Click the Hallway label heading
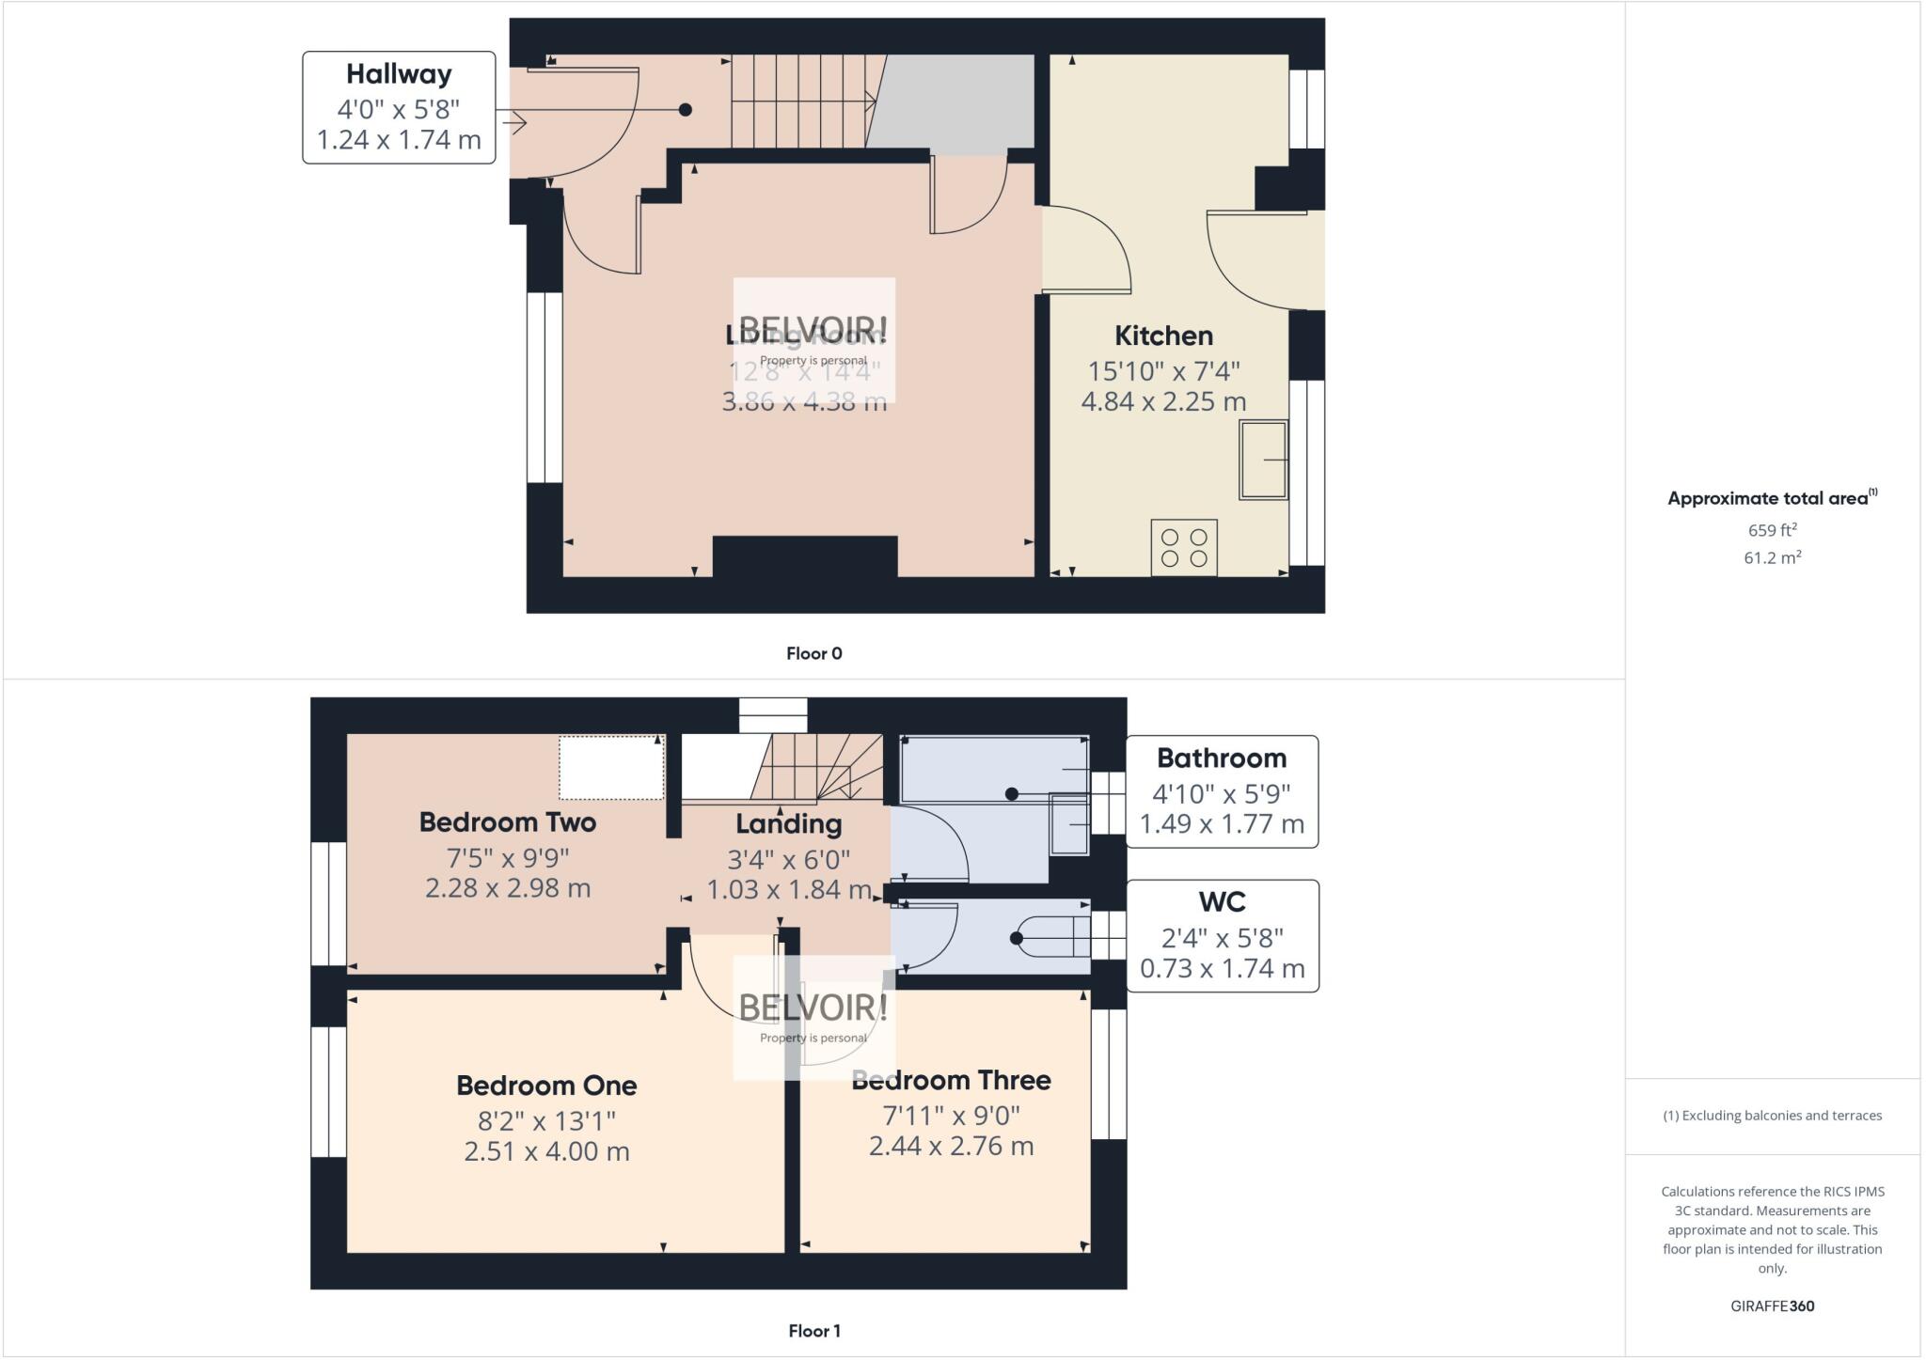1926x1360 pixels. point(399,74)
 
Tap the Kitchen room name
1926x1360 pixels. point(1163,336)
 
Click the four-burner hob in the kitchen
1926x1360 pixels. point(1184,548)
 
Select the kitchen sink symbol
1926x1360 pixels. point(1263,460)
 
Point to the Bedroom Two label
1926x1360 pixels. point(507,822)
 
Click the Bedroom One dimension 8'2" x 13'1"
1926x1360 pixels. point(546,1121)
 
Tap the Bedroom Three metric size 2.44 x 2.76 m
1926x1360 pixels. point(951,1147)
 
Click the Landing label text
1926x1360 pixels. point(788,824)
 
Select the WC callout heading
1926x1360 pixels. point(1222,902)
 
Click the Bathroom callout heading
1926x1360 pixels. point(1221,758)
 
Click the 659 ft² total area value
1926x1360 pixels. point(1772,530)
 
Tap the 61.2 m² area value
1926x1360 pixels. point(1772,557)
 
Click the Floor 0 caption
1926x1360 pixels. point(813,653)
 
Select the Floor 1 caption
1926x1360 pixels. point(813,1331)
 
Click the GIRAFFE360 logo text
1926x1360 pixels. point(1772,1305)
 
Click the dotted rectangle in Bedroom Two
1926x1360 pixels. point(611,768)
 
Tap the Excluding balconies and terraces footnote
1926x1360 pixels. point(1772,1116)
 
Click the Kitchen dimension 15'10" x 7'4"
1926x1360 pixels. point(1163,371)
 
